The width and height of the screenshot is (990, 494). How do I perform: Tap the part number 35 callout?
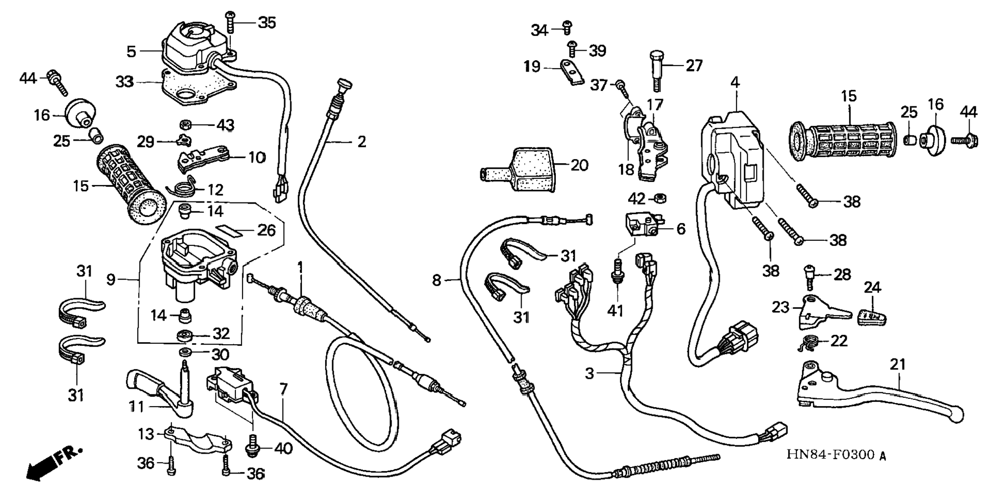point(266,23)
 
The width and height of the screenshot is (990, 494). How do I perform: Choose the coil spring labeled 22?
point(810,343)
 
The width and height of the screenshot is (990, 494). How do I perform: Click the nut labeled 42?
point(660,197)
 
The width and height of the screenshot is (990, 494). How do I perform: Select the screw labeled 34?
point(567,27)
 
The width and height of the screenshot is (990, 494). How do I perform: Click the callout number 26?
point(266,231)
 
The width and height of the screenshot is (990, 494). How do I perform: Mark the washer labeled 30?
point(183,353)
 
